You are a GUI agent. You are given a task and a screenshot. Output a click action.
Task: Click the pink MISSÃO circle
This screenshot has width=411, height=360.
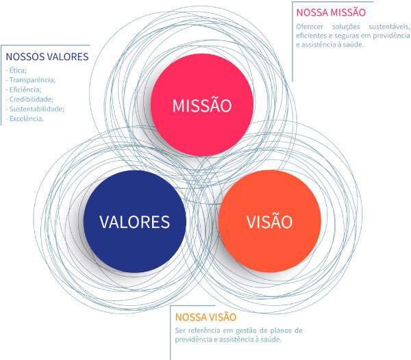(202, 105)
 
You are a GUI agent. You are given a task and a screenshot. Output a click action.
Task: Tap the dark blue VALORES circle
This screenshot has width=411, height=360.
(135, 222)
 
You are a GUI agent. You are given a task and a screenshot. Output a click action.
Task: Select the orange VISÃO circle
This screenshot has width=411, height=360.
(269, 222)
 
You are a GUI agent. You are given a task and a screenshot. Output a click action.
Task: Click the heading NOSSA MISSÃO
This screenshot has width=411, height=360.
(331, 12)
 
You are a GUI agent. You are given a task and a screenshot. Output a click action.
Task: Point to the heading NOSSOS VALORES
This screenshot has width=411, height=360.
(47, 57)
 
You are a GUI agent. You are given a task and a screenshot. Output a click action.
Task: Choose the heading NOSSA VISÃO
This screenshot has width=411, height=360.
(206, 317)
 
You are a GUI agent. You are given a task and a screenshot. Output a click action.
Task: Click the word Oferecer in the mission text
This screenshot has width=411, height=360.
(310, 27)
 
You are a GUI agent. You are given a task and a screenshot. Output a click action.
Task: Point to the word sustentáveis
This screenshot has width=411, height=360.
(389, 27)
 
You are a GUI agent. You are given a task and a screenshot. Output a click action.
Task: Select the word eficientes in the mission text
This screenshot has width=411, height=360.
(310, 36)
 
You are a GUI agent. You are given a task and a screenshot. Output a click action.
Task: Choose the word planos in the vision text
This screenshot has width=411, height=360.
(281, 331)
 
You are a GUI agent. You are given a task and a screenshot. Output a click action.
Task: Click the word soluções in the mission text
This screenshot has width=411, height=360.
(346, 27)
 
